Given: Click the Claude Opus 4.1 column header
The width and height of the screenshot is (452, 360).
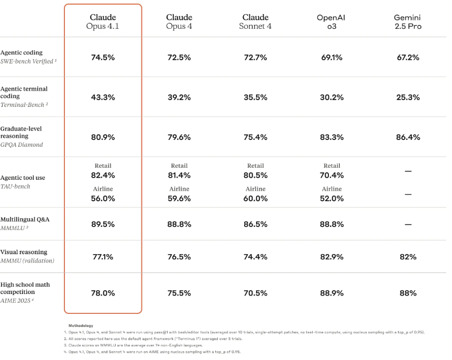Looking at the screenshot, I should pyautogui.click(x=103, y=21).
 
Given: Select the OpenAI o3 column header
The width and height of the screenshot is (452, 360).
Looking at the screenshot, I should pyautogui.click(x=331, y=21).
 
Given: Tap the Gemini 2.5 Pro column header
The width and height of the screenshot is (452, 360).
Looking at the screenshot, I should pyautogui.click(x=407, y=21).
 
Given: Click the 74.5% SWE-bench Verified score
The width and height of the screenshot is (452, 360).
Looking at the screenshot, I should pyautogui.click(x=103, y=57).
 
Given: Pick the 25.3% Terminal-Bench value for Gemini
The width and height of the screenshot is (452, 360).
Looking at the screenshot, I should pyautogui.click(x=407, y=97).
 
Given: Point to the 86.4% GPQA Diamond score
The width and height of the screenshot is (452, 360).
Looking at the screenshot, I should pyautogui.click(x=407, y=137).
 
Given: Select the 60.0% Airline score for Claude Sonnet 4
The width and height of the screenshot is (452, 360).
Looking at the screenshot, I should pyautogui.click(x=256, y=198).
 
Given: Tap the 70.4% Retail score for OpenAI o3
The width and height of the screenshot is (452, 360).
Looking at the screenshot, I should pyautogui.click(x=332, y=175).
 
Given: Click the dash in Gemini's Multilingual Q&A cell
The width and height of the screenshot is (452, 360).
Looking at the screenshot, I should pyautogui.click(x=408, y=224).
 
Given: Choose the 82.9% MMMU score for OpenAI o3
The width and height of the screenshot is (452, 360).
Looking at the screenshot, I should pyautogui.click(x=332, y=257).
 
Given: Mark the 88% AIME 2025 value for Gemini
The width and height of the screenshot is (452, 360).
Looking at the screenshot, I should pyautogui.click(x=407, y=293).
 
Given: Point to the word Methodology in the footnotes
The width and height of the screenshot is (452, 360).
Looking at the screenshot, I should pyautogui.click(x=81, y=325).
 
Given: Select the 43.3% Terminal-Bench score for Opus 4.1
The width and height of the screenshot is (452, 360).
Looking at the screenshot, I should pyautogui.click(x=103, y=97).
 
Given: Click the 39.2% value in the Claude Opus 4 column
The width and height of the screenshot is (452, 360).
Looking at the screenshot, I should pyautogui.click(x=179, y=97).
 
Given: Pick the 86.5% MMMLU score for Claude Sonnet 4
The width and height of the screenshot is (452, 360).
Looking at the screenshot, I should pyautogui.click(x=256, y=224).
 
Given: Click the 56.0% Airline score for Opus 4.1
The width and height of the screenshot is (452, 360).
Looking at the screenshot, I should pyautogui.click(x=103, y=198).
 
